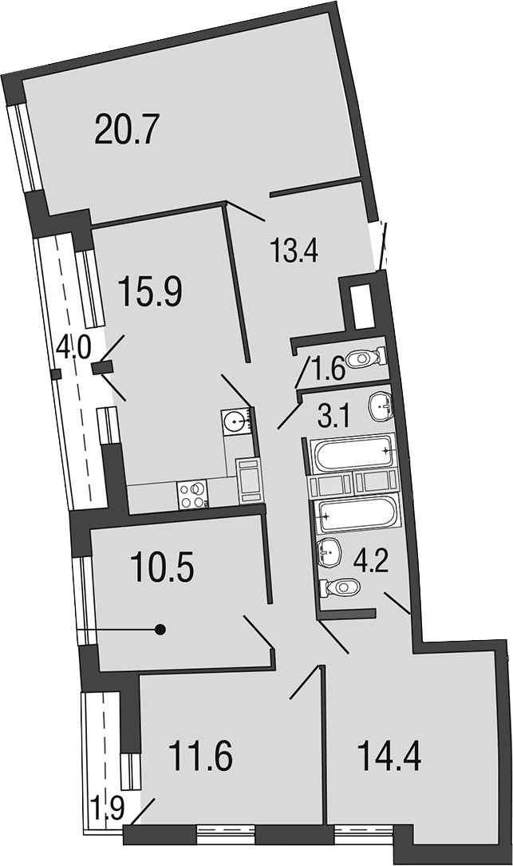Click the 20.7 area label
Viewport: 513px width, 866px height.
point(127,128)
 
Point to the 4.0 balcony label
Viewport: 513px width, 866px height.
point(73,349)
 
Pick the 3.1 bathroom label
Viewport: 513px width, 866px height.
point(334,417)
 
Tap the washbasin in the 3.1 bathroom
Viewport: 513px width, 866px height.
point(380,408)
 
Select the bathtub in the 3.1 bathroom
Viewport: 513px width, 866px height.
point(354,452)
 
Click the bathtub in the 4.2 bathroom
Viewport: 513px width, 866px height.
point(355,516)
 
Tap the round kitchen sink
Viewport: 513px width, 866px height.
point(236,422)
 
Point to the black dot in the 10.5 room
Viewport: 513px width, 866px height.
point(160,629)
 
